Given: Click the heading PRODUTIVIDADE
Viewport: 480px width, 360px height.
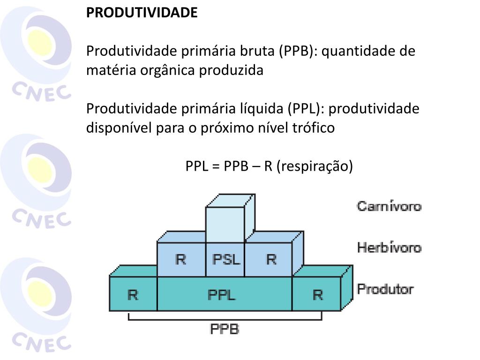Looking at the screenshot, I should click(x=142, y=13).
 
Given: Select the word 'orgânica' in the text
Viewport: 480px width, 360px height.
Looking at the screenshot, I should click(x=168, y=70).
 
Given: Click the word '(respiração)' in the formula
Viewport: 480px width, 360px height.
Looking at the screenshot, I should click(x=314, y=166).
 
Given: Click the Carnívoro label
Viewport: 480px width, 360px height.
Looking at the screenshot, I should click(x=389, y=206).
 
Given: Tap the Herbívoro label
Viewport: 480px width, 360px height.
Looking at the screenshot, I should click(x=389, y=247).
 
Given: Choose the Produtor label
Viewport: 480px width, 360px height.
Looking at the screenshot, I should click(x=385, y=289).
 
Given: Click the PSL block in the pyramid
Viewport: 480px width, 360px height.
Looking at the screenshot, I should click(x=225, y=259).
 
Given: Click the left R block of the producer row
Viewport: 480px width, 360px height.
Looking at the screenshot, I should click(x=133, y=294).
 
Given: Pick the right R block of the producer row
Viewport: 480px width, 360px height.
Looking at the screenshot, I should click(x=317, y=294).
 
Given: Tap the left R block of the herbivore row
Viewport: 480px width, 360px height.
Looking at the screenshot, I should click(x=181, y=259).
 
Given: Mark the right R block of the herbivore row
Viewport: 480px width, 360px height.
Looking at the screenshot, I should click(x=270, y=259).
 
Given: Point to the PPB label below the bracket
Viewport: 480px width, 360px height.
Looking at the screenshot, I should click(x=224, y=329).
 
